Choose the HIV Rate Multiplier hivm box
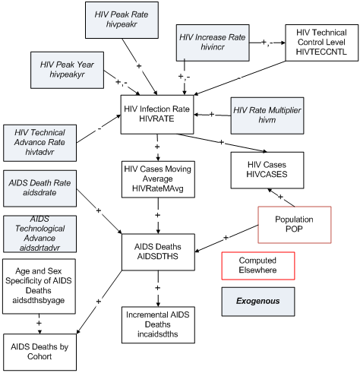(x=265, y=115)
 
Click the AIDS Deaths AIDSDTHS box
(x=159, y=251)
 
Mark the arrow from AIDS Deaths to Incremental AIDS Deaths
(x=159, y=287)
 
